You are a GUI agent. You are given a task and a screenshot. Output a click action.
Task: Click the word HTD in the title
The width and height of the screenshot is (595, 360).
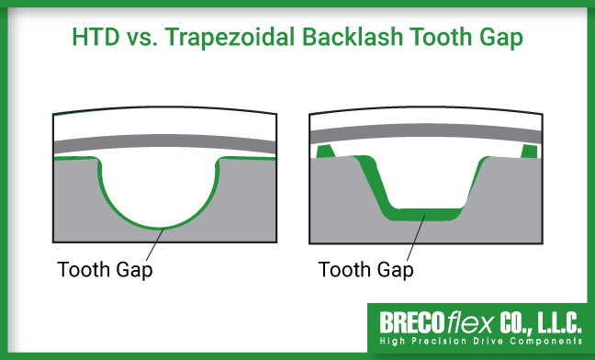pos(95,39)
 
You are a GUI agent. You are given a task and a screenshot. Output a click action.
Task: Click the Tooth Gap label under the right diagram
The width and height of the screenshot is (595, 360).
pos(365,270)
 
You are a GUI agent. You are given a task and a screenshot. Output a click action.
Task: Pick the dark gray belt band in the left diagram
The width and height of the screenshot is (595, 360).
pos(165,145)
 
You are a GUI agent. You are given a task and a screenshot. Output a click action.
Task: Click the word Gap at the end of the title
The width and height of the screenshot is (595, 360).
pos(503,39)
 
